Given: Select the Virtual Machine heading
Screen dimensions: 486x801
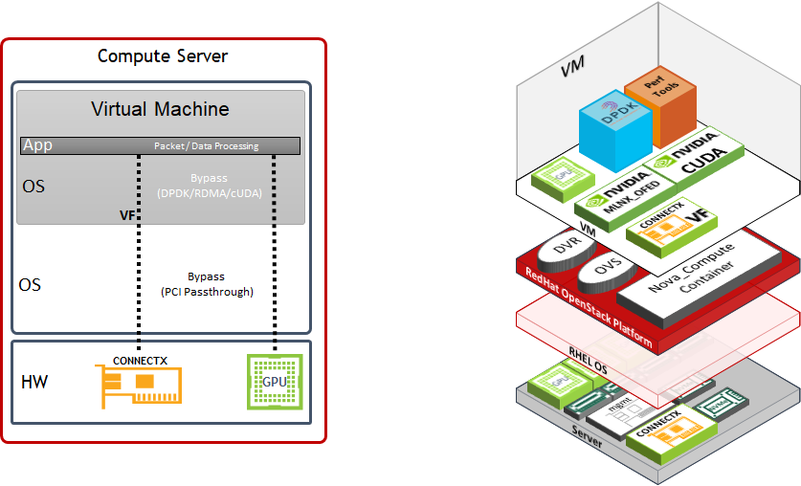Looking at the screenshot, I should (x=160, y=108).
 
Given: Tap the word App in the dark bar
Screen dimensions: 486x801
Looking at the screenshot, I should (x=38, y=145).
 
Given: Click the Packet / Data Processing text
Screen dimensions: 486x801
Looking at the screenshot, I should (x=207, y=146).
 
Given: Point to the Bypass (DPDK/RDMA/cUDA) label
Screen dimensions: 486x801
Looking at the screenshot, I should (x=208, y=187).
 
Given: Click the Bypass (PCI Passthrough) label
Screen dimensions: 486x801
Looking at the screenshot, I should (x=208, y=283).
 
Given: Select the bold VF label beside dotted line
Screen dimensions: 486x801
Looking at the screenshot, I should (x=126, y=216).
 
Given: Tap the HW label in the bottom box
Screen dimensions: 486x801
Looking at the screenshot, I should (x=34, y=382).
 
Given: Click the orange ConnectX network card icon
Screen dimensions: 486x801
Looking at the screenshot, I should (x=139, y=385).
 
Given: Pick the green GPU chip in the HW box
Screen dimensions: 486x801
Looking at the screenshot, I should (x=274, y=381).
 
